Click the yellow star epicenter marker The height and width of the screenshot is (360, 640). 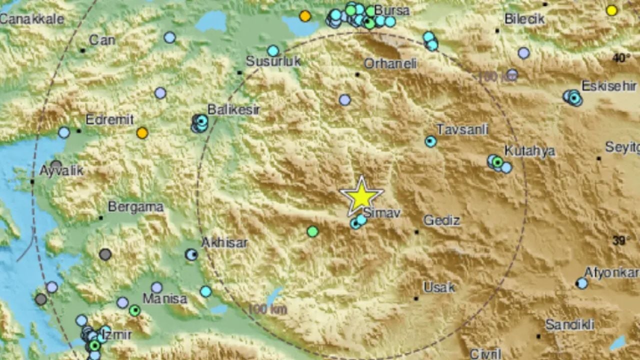click(361, 196)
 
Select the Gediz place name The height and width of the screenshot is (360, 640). click(441, 220)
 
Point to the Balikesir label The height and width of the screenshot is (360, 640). click(233, 109)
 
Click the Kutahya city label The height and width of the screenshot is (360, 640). click(529, 150)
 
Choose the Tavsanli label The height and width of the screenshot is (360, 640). click(462, 129)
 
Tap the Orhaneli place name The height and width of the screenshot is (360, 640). click(390, 63)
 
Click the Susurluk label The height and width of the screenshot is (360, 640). click(273, 61)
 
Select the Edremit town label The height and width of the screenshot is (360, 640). click(109, 119)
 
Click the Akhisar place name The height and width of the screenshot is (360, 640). click(224, 243)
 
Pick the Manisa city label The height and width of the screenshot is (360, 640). click(165, 299)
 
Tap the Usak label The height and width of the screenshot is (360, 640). click(439, 287)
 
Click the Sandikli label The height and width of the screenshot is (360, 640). click(569, 324)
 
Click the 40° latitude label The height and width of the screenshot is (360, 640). click(621, 58)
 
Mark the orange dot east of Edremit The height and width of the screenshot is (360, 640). click(142, 133)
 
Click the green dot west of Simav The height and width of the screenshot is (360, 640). click(312, 231)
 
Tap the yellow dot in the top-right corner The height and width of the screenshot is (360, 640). click(611, 10)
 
